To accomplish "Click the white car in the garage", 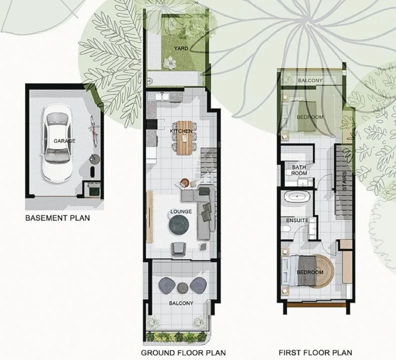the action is (57, 143).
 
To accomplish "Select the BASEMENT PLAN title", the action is (58, 217).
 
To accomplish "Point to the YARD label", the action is (181, 48).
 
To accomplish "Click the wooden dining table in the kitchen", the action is (185, 137).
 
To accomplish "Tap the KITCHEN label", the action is (181, 131).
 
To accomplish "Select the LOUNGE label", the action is (181, 211).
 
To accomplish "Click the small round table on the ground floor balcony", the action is (183, 288).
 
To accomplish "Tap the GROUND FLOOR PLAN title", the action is (183, 352).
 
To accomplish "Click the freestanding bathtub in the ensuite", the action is (297, 196).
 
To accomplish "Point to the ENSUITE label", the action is (297, 220).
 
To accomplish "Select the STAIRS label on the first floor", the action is (345, 181).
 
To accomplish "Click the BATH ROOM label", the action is (299, 170).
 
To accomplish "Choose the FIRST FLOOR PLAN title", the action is (315, 352).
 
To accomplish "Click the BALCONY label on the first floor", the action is (310, 80).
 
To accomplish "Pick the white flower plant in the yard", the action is (169, 62).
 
